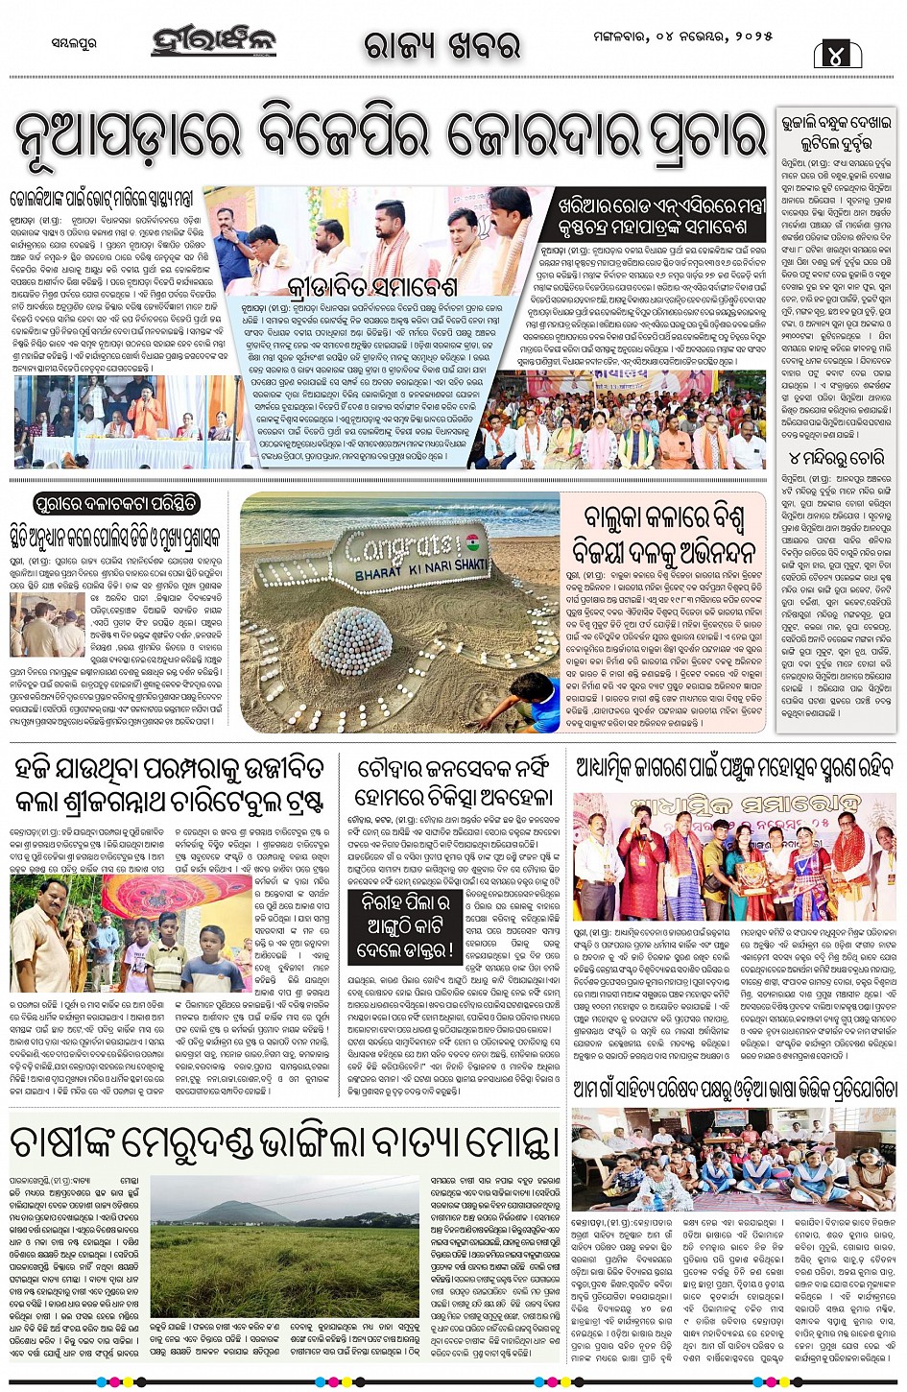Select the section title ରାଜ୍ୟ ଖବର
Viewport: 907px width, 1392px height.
(442, 43)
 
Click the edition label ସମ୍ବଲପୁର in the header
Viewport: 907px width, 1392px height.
(73, 43)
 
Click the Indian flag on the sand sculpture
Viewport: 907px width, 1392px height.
(473, 542)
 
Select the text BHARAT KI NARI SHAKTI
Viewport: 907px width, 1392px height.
(421, 569)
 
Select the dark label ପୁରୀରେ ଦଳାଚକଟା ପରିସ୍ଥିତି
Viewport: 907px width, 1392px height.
(117, 503)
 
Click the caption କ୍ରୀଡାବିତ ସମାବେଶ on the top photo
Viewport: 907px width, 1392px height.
(358, 286)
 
